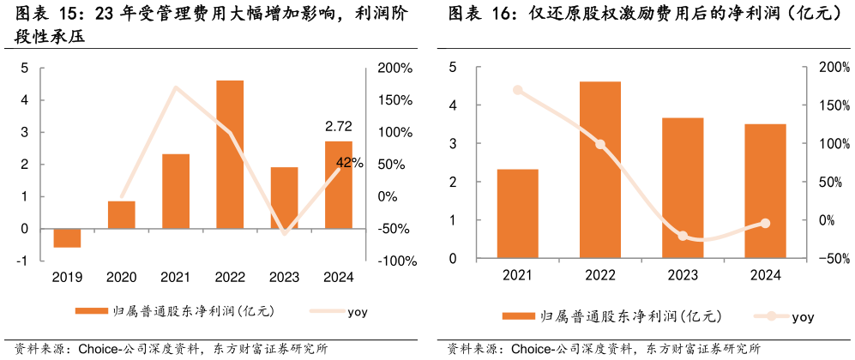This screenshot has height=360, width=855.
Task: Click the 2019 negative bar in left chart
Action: point(67,238)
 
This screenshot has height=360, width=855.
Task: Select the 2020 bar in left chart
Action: point(122,215)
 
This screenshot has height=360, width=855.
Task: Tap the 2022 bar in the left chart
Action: point(230,154)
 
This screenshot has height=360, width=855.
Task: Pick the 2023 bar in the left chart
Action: point(284,198)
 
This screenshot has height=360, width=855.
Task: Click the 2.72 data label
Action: point(339,126)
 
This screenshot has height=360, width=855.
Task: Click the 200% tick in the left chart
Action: point(394,68)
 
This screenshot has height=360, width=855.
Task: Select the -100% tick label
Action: point(394,261)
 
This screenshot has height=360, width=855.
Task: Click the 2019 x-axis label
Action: point(67,277)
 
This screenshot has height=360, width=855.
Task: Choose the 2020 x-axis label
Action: point(122,277)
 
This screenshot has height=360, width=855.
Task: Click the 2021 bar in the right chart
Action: point(518,213)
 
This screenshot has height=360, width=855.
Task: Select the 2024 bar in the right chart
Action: point(765,191)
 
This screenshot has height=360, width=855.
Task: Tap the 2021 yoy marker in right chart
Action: point(518,90)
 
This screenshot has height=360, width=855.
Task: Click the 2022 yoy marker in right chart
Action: point(600,144)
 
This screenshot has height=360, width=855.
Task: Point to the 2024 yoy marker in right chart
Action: point(765,224)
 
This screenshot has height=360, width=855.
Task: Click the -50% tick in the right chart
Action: point(834,258)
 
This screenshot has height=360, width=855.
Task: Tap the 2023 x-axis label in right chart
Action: point(683,274)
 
